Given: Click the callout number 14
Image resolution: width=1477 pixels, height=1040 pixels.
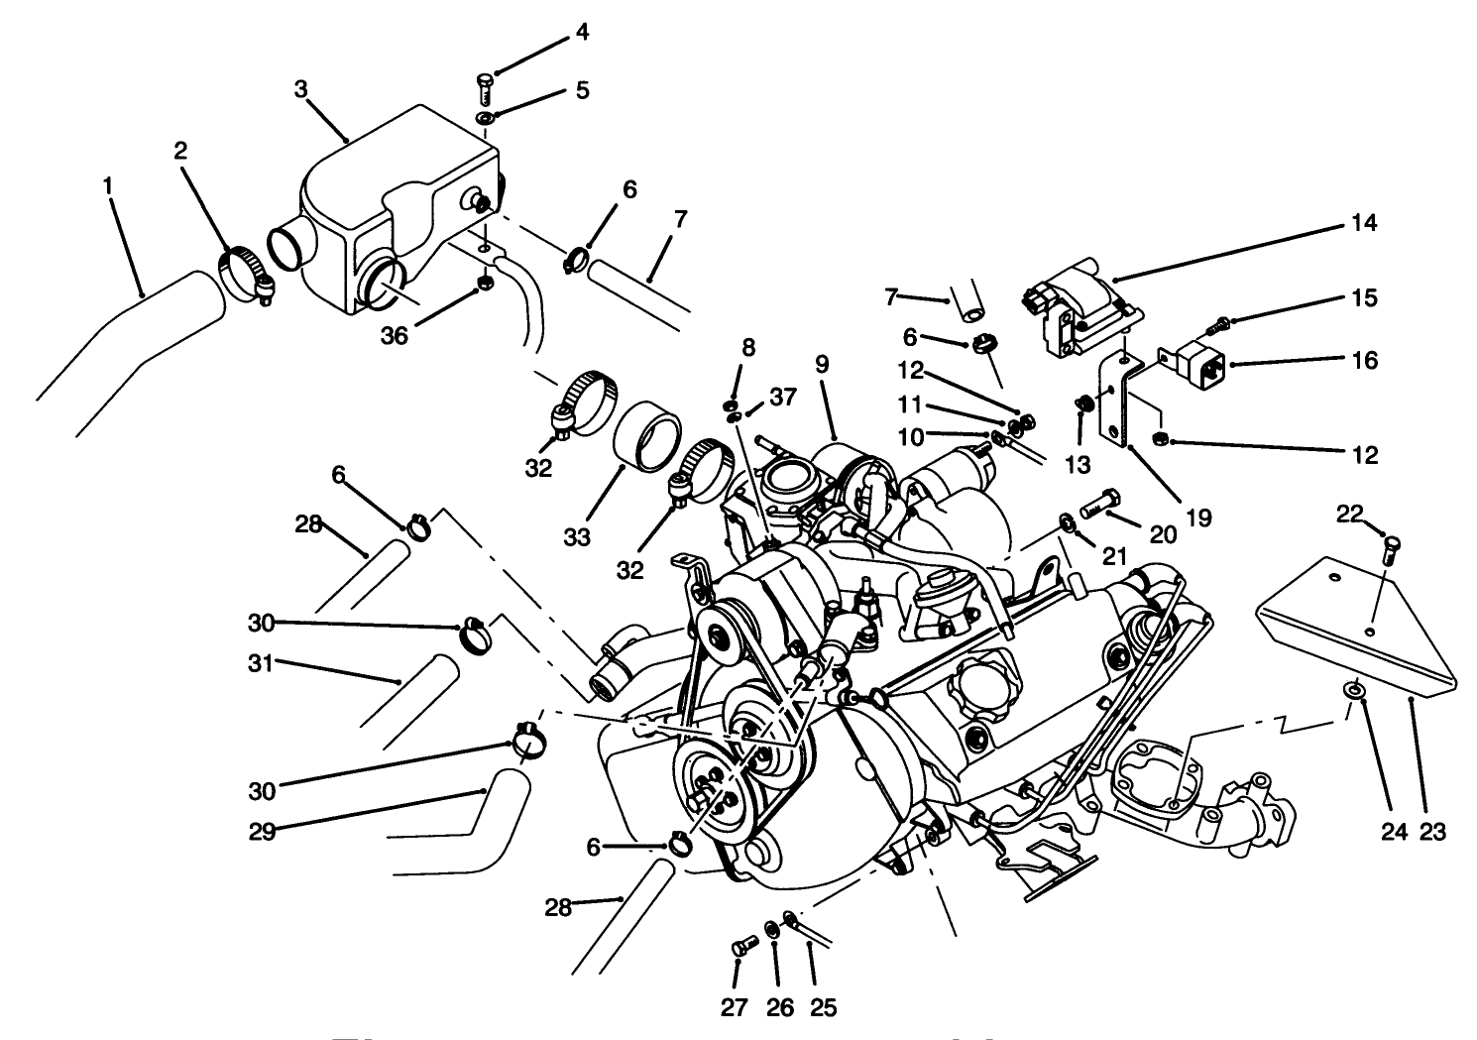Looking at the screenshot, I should click(1364, 223).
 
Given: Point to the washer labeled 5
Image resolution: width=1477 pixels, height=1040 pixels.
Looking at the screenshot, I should click(486, 120).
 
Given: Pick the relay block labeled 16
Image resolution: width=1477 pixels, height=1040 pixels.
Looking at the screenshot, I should click(1193, 364).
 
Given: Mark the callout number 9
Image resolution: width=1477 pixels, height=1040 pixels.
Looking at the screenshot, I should click(821, 364).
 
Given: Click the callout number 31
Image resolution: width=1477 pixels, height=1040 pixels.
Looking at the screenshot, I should click(261, 662).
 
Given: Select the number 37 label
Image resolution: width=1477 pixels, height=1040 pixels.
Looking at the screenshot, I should click(782, 398).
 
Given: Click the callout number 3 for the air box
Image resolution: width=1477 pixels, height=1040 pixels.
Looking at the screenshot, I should click(301, 88).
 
